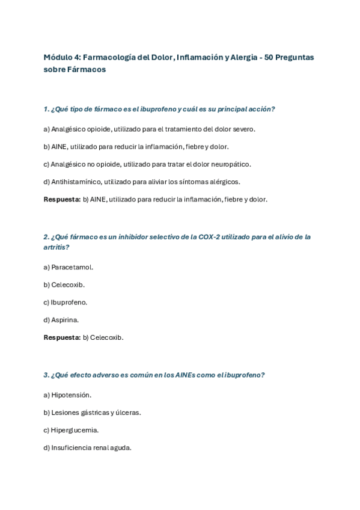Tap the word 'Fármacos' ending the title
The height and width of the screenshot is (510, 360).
click(x=85, y=69)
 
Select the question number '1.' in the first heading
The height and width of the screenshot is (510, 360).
click(x=46, y=109)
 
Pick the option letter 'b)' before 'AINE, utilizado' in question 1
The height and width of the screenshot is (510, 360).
click(x=47, y=146)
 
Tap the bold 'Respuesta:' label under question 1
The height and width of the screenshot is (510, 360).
click(x=62, y=199)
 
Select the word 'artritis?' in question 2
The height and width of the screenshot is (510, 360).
click(x=56, y=247)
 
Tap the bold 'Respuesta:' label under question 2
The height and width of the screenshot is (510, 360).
click(x=62, y=337)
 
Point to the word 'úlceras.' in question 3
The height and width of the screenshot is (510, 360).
click(x=128, y=412)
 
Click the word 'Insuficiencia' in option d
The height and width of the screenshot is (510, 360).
click(x=72, y=447)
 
